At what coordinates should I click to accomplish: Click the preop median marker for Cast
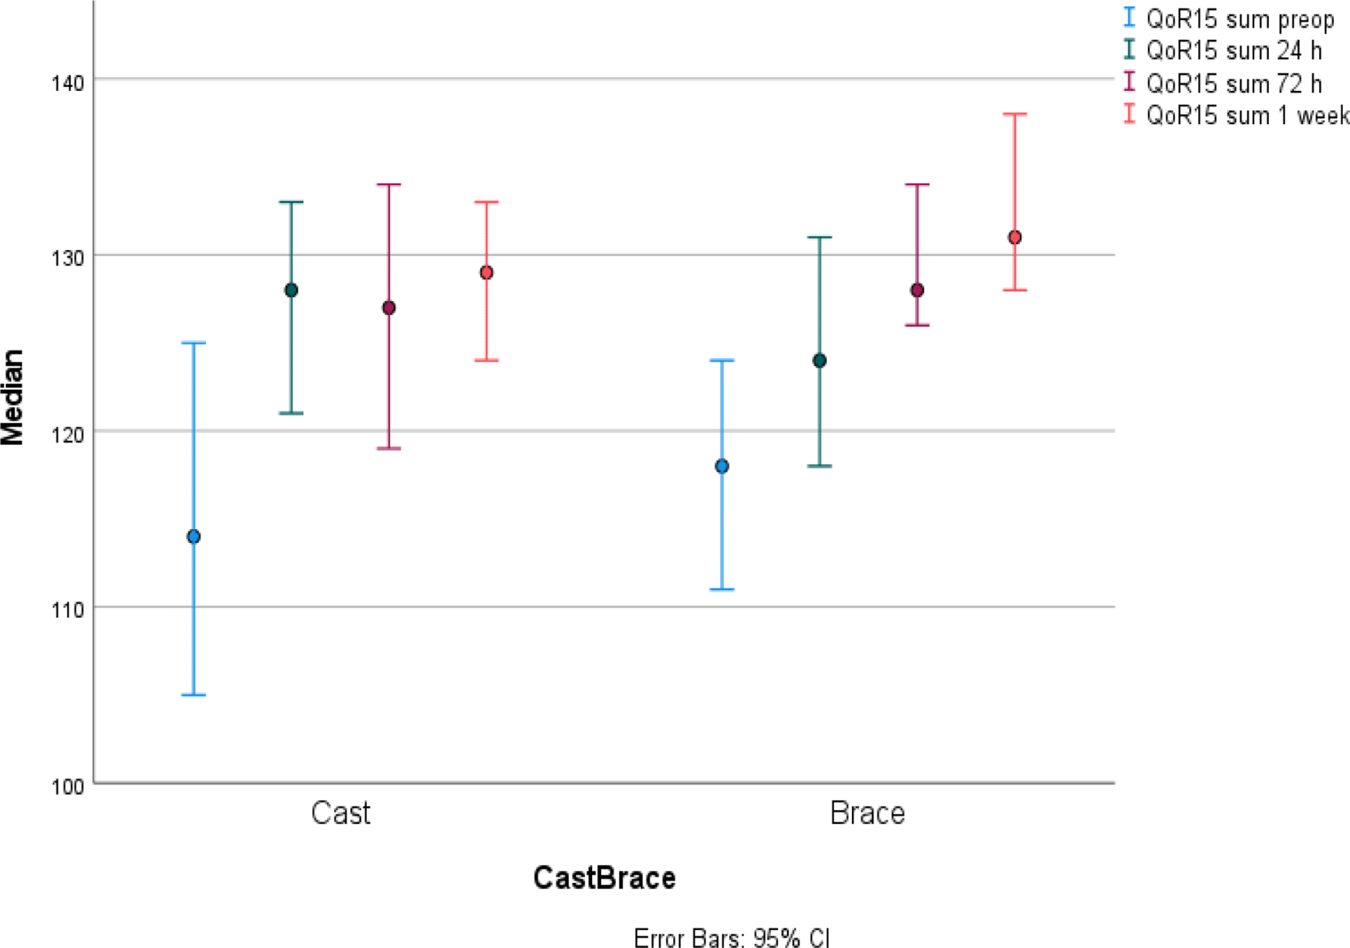tap(194, 536)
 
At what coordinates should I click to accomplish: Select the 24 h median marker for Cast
tap(291, 290)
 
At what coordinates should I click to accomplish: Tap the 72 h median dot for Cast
tap(389, 308)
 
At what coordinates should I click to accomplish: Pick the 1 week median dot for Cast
tap(486, 272)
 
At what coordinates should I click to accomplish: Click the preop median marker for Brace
tap(722, 466)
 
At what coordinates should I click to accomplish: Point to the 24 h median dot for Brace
tap(820, 360)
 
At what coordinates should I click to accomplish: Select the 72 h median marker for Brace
tap(917, 290)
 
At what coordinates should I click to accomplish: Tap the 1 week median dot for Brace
tap(1015, 237)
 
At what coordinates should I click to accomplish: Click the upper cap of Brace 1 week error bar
tap(1015, 114)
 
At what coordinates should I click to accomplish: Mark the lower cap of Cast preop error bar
tap(194, 695)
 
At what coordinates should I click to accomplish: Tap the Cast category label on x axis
tap(340, 813)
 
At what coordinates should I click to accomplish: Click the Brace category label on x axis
tap(867, 813)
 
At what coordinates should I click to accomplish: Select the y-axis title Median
tap(13, 397)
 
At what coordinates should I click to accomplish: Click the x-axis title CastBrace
tap(604, 878)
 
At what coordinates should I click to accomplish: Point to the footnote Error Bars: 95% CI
tap(731, 937)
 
